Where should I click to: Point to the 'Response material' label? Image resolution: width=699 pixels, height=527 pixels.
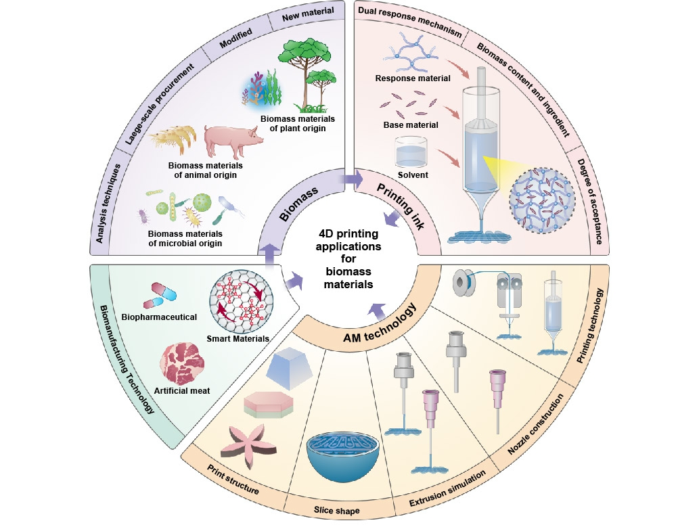click(x=413, y=78)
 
